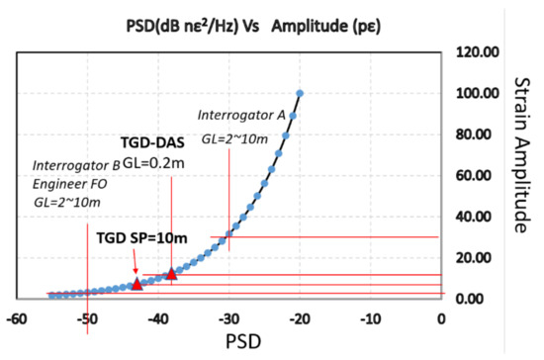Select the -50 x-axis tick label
click(x=88, y=319)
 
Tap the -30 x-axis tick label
click(x=228, y=319)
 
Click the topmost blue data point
click(x=300, y=94)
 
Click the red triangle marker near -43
click(x=137, y=284)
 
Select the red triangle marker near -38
click(x=172, y=273)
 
